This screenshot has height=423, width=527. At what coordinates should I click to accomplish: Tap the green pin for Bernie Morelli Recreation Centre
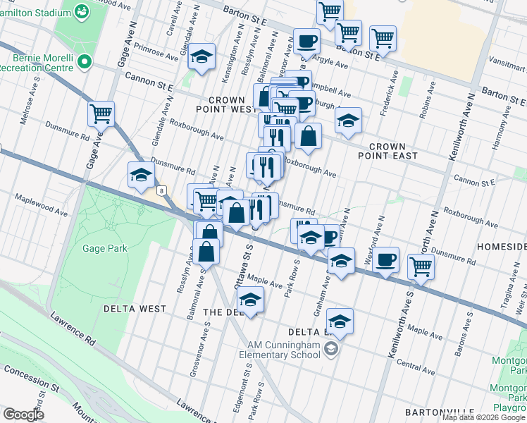(85, 62)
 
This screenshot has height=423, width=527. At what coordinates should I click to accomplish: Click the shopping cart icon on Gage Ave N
(101, 113)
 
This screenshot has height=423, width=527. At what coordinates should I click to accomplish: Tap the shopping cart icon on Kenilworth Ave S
(421, 266)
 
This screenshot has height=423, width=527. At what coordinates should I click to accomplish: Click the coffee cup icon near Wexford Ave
(385, 259)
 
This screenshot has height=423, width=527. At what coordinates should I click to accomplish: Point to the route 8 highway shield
(162, 190)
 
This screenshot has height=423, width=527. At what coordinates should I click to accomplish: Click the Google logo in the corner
(23, 415)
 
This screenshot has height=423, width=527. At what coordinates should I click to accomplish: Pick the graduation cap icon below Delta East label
(340, 321)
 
